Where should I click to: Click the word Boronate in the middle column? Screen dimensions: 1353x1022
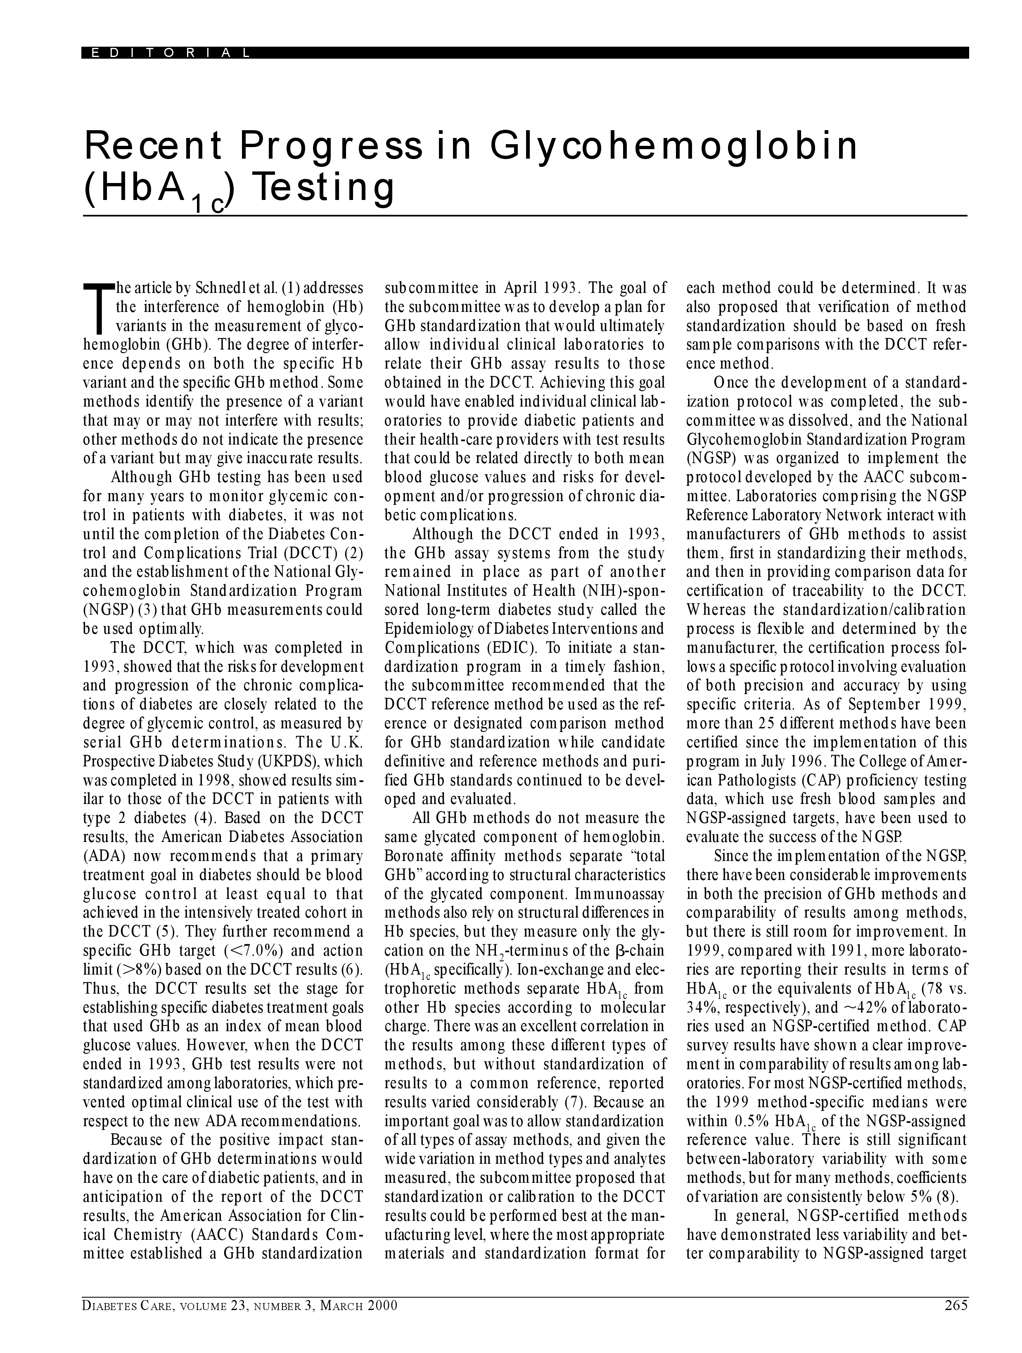pyautogui.click(x=410, y=856)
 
